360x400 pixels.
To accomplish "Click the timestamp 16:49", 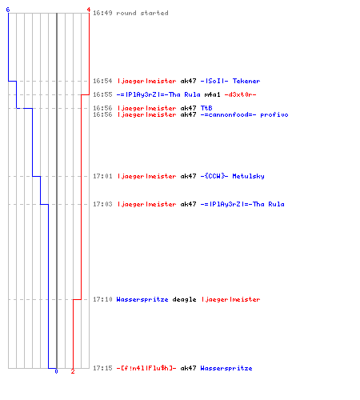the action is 102,13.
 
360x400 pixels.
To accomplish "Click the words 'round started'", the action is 142,13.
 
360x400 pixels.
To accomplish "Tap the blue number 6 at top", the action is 8,10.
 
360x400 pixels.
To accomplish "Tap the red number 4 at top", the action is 89,10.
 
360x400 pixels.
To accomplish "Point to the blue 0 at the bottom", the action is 56,371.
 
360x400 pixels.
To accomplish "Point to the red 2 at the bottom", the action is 73,371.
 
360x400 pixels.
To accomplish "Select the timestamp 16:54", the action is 102,81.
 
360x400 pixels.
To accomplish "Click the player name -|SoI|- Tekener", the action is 230,81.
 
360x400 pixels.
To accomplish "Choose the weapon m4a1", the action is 213,94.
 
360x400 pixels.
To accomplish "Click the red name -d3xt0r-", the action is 240,94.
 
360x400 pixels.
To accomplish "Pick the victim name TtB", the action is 206,108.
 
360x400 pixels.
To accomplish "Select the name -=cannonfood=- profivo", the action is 245,114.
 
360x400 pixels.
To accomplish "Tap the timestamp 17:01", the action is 102,176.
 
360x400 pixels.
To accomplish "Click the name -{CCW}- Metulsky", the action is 233,176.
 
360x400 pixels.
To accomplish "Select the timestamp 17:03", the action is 102,204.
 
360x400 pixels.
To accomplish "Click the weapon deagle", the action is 184,299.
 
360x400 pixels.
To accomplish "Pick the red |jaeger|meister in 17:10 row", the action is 231,299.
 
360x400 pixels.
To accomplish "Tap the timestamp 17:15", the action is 102,368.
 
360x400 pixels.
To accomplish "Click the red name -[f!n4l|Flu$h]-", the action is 146,368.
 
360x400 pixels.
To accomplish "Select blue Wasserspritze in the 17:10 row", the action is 142,299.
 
